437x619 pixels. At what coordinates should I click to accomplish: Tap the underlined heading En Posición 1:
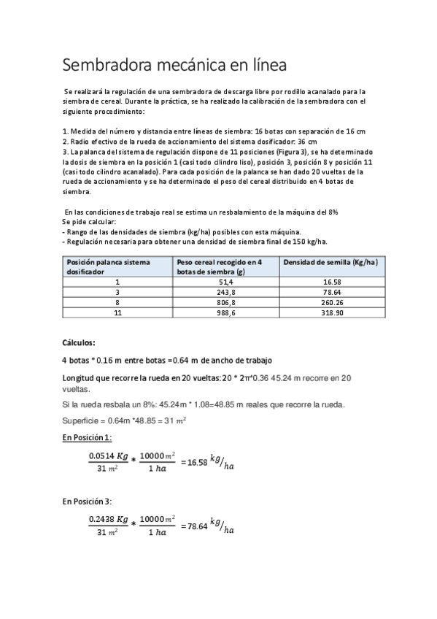(87, 437)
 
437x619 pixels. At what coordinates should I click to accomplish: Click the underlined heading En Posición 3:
(87, 501)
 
